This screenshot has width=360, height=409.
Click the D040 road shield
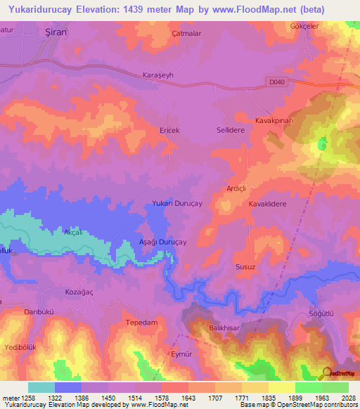[278, 82]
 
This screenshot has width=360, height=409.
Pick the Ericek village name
[169, 131]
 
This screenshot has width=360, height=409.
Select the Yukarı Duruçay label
[177, 203]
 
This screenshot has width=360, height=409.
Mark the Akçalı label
[73, 232]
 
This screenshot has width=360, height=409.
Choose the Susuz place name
[265, 267]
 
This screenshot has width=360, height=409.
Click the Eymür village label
[181, 354]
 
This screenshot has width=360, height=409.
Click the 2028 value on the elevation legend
[348, 398]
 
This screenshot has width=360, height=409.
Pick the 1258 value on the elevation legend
[28, 398]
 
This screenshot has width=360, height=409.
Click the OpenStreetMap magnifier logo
[326, 372]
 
